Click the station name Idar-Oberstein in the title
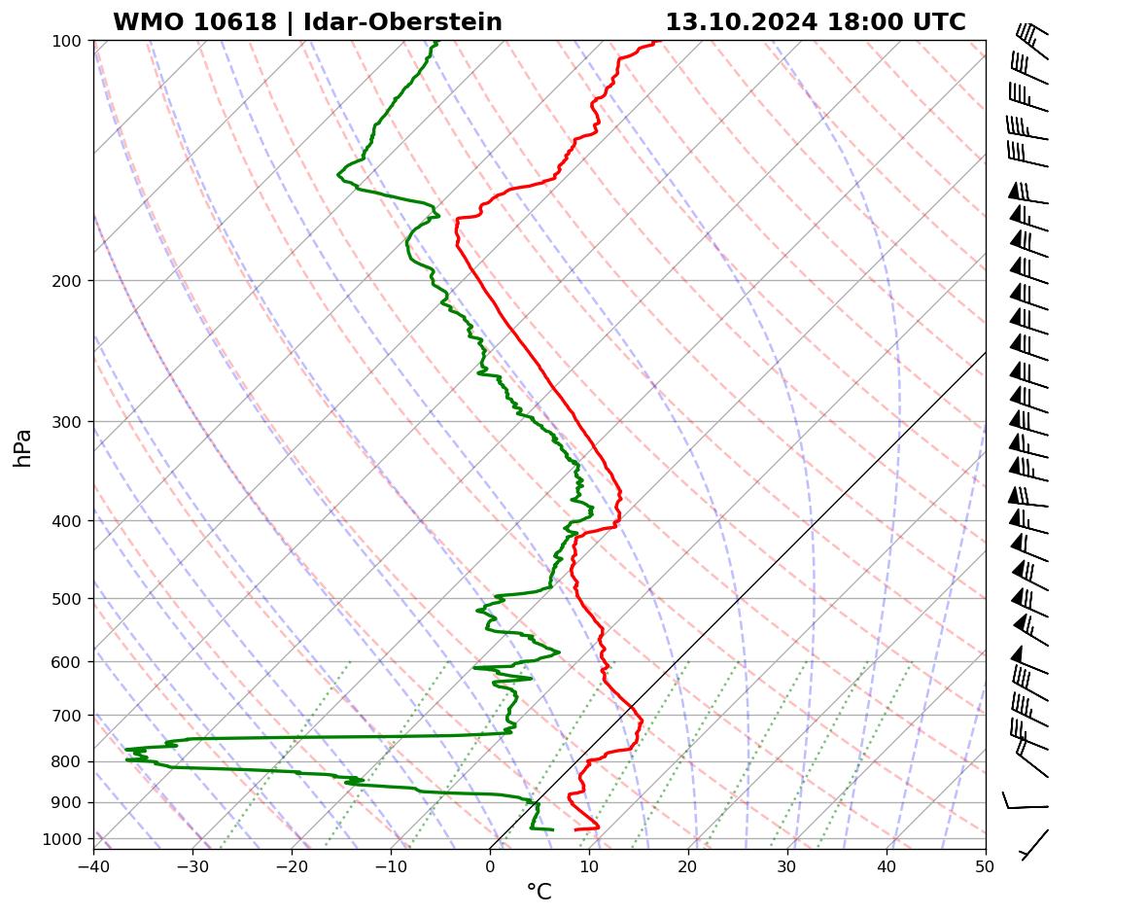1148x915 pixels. (x=402, y=22)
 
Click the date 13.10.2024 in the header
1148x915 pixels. (x=741, y=22)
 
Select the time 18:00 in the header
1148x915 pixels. (x=864, y=22)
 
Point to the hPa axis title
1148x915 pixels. (x=23, y=448)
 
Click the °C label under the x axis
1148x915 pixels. (x=539, y=893)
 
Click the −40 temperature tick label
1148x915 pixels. (x=93, y=863)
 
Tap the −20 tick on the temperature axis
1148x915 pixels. (x=292, y=863)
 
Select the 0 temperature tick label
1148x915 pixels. (x=490, y=863)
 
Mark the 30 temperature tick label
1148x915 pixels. (x=787, y=863)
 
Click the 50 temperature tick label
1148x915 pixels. (x=986, y=863)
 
